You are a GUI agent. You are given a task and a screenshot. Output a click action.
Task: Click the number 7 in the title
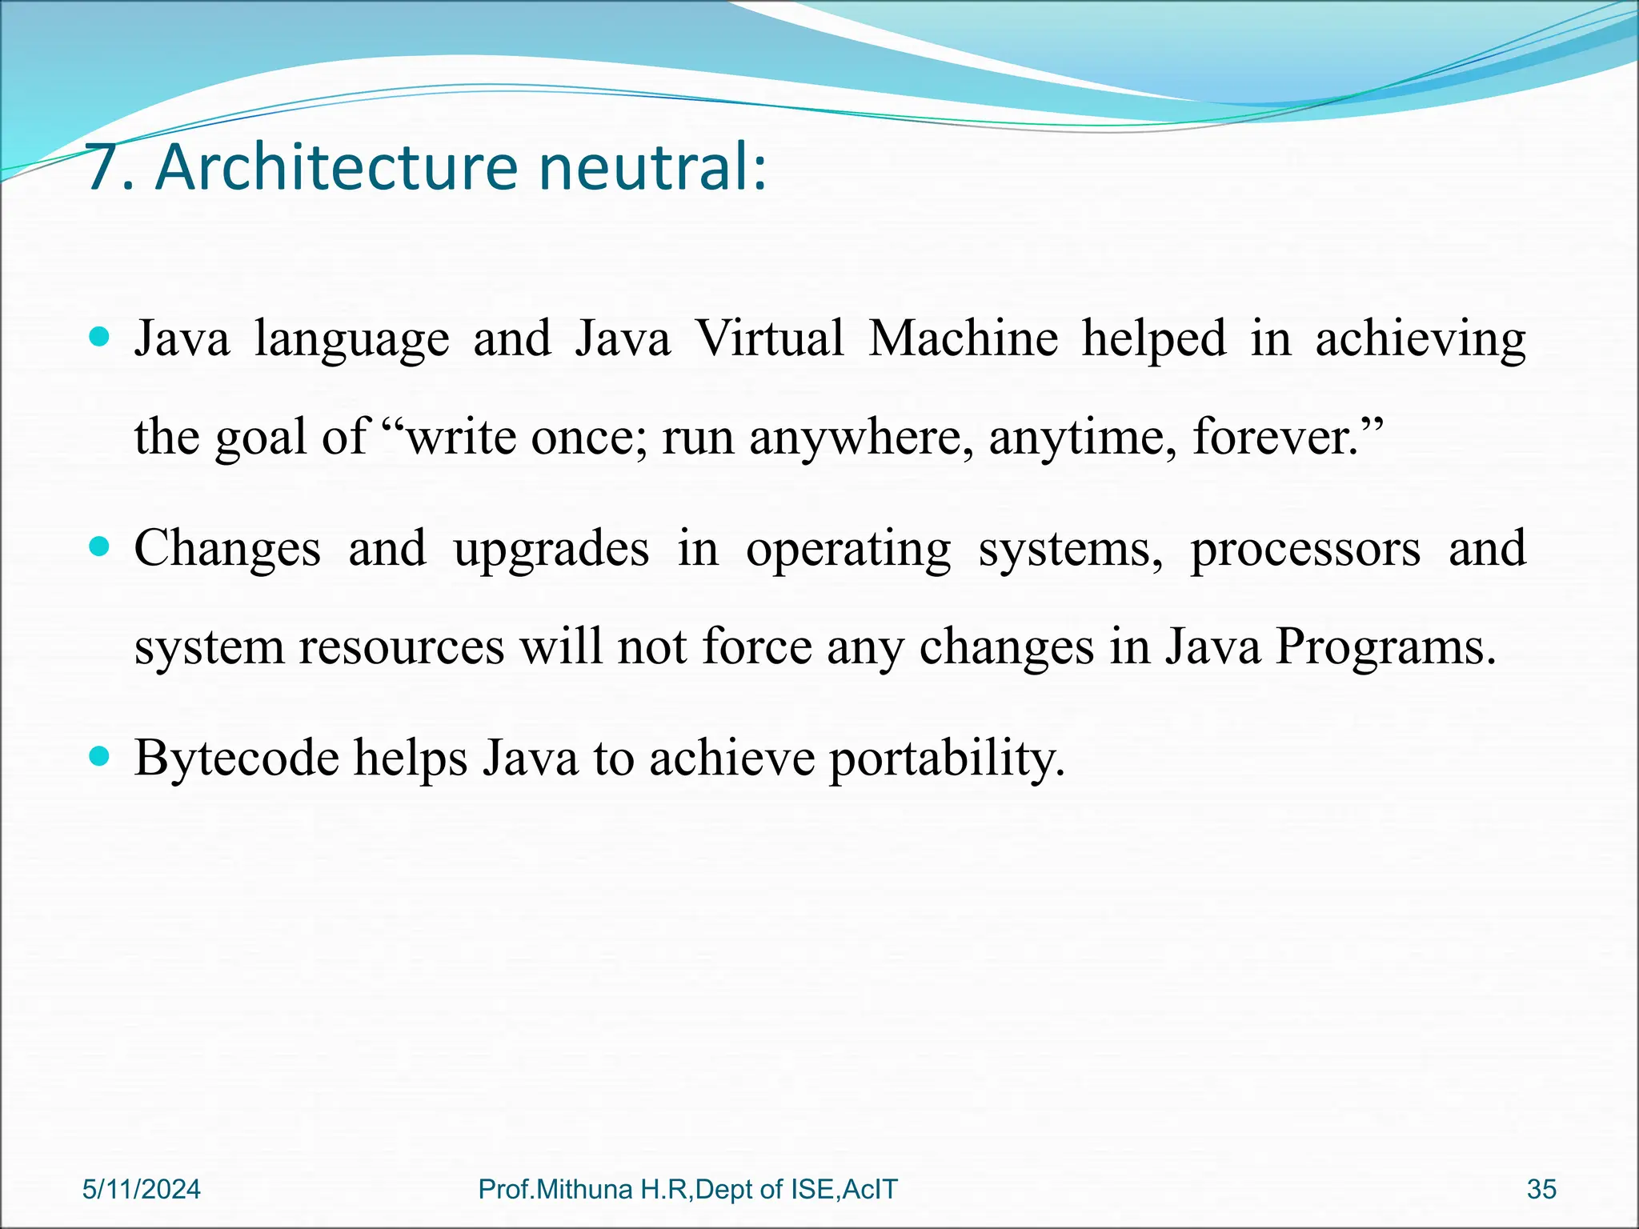[x=105, y=167]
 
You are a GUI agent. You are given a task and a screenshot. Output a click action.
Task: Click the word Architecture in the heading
[x=336, y=167]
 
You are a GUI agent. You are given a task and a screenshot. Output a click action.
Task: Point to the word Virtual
[x=769, y=337]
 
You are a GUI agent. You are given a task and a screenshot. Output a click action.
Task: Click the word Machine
[x=964, y=337]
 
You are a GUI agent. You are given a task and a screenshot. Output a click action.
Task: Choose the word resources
[x=402, y=647]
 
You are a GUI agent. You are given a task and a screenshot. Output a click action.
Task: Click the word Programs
[x=1384, y=647]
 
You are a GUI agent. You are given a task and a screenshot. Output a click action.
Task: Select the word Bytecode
[x=237, y=758]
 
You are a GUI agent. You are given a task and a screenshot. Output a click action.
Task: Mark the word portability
[x=947, y=758]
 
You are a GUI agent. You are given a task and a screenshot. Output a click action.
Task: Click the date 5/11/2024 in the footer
[x=142, y=1189]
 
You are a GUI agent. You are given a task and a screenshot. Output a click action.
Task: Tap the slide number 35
[x=1541, y=1189]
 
